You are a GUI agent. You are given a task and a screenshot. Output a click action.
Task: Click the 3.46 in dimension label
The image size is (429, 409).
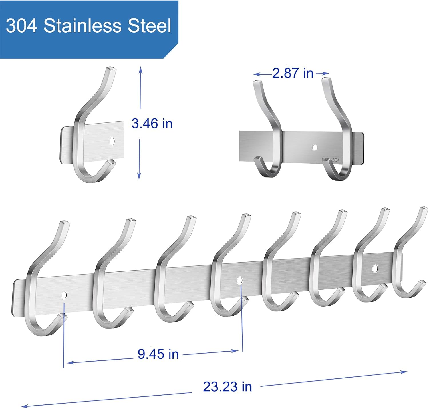coord(152,124)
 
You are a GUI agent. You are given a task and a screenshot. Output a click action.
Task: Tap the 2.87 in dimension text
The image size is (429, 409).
coord(293,73)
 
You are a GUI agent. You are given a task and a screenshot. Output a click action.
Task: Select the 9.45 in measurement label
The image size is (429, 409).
coord(158,354)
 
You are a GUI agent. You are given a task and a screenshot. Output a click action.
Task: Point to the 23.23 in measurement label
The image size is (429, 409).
coord(227,387)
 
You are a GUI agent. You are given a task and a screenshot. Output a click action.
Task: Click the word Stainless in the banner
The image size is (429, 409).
coord(83,25)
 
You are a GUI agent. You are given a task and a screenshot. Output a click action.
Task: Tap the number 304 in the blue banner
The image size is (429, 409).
coord(21,25)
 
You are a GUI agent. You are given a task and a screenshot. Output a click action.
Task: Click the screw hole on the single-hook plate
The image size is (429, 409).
coord(112,141)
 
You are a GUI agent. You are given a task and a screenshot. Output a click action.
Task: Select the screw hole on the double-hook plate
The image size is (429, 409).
coord(315,148)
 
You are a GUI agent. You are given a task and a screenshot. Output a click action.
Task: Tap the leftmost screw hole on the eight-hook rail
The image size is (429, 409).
coord(64,295)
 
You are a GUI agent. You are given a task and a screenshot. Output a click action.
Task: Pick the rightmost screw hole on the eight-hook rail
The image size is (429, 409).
coord(375,268)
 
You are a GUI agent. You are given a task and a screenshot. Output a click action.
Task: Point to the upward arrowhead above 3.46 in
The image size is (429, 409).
coord(140,69)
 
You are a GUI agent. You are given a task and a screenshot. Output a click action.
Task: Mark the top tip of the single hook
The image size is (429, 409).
coord(111,69)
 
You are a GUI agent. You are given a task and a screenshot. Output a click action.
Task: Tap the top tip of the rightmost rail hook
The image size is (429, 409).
coord(424,208)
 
